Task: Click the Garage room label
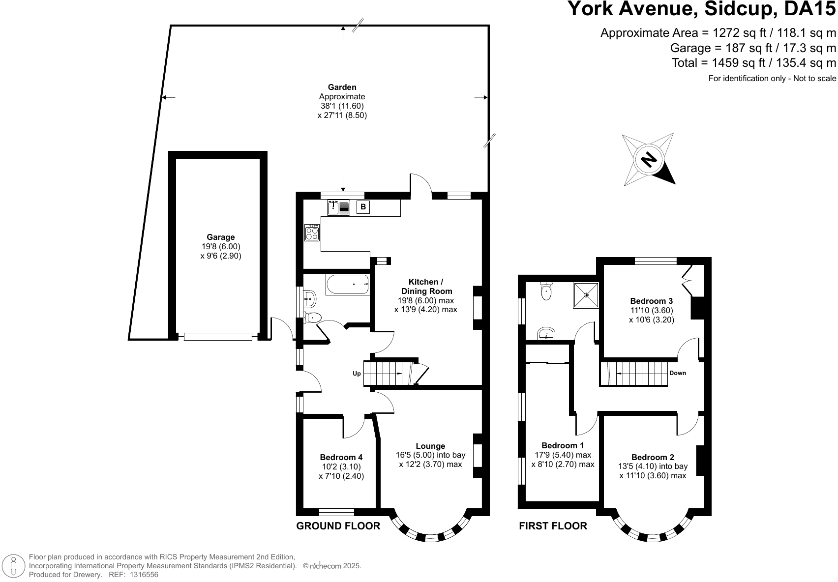pos(220,237)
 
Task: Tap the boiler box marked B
pos(363,207)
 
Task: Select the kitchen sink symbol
pos(338,208)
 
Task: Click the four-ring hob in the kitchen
pos(312,232)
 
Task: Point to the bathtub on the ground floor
pos(347,285)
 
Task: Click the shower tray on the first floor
pos(586,295)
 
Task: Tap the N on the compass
pos(649,159)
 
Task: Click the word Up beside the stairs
pos(357,374)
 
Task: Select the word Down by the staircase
pos(677,373)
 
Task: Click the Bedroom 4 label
pos(341,457)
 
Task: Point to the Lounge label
pos(430,446)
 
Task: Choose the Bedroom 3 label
pos(651,301)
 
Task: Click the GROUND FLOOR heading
pos(338,526)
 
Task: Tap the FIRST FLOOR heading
pos(553,526)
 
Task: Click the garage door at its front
pos(218,337)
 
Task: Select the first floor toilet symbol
pos(546,291)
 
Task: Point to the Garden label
pos(342,87)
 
